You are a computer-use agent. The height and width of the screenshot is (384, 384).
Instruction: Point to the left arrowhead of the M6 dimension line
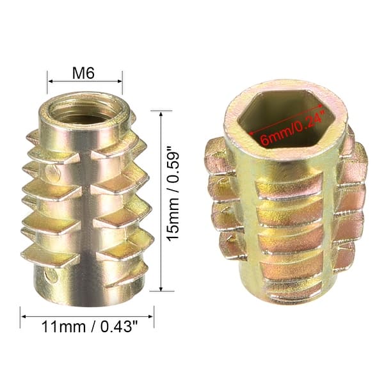coord(50,82)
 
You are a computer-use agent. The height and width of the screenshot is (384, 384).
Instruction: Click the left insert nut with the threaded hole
coord(86,198)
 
